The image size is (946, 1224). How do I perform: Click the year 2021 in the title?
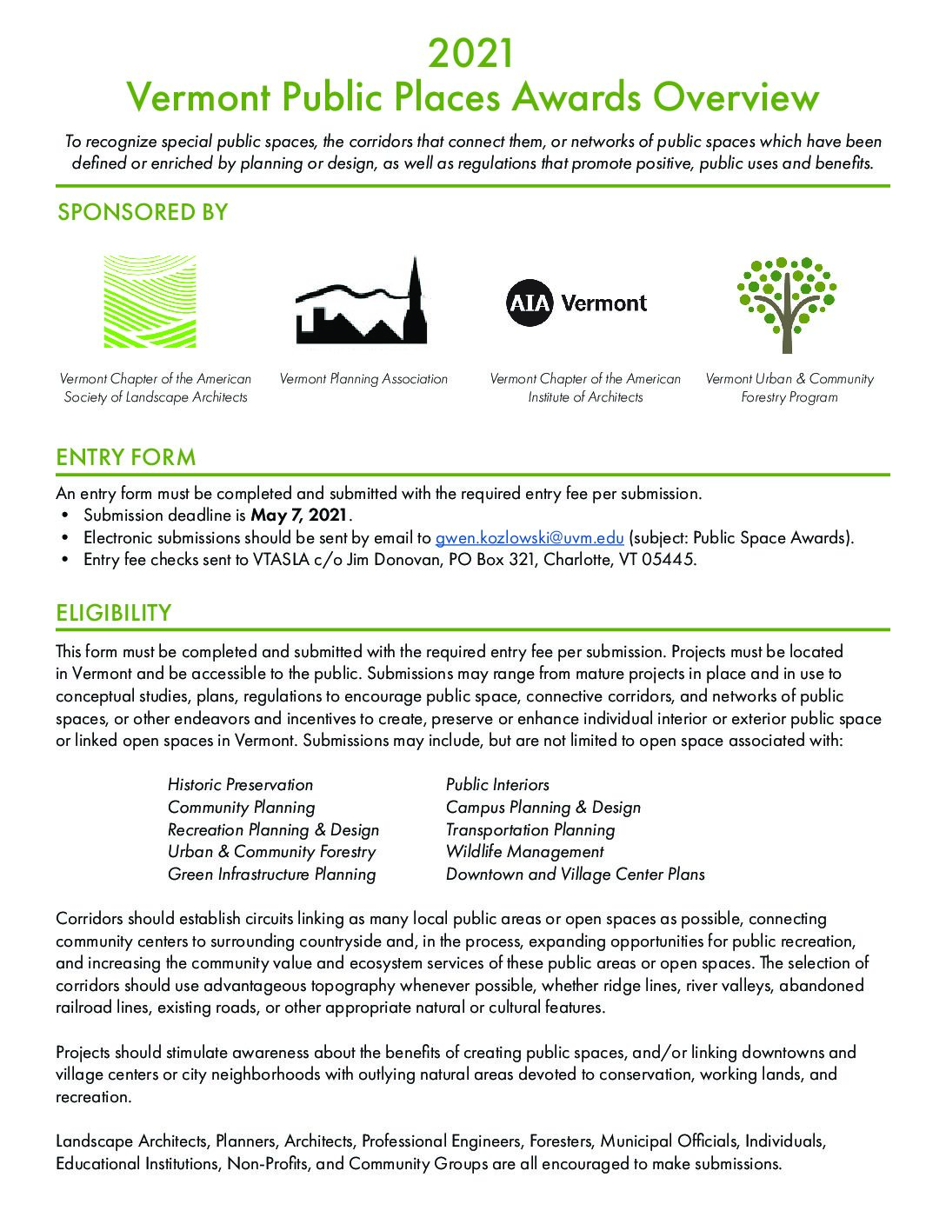(472, 54)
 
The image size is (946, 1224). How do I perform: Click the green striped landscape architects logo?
(150, 302)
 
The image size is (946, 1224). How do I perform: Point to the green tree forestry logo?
(787, 304)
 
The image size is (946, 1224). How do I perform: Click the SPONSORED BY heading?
(142, 212)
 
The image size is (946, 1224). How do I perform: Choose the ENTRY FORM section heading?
(126, 457)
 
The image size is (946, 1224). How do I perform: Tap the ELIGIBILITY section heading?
(114, 613)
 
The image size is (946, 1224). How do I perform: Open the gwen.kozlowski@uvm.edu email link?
(530, 537)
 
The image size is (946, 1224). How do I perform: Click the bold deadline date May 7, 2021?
(299, 516)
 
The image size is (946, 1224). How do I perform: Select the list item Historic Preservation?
(240, 785)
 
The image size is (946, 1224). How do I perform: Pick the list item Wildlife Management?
(524, 852)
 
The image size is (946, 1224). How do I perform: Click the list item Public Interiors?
(497, 785)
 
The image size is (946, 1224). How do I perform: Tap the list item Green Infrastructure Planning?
(271, 875)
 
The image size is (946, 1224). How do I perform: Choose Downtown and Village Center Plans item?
(575, 875)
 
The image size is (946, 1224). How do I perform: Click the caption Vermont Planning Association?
(363, 379)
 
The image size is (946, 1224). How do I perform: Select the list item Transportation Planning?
(530, 830)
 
